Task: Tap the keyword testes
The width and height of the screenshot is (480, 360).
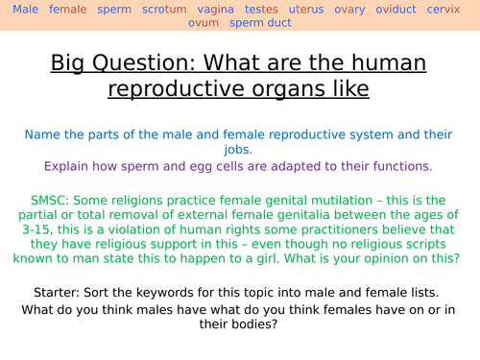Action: coord(261,9)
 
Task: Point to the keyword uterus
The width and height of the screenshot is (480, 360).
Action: coord(307,9)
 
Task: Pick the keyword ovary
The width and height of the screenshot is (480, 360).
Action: coord(355,9)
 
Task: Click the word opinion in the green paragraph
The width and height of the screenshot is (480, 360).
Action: coord(396,258)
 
